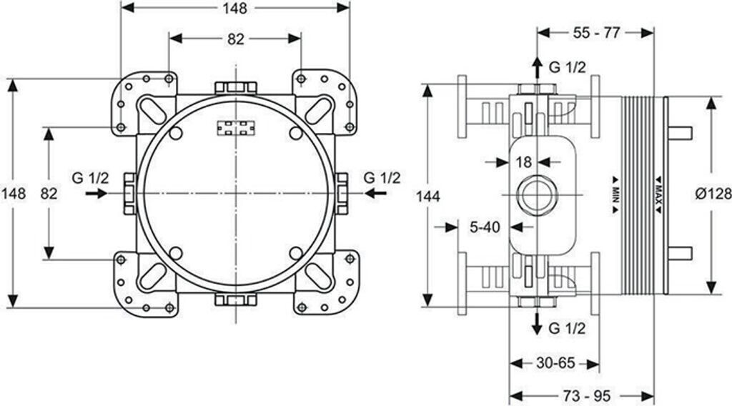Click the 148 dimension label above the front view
(234, 8)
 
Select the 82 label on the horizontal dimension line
(235, 39)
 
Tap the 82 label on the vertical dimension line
(49, 193)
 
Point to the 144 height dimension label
(427, 197)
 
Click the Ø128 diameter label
(713, 193)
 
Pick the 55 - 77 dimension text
(596, 33)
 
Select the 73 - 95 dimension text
(586, 396)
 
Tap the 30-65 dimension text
(555, 362)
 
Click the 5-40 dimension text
(485, 227)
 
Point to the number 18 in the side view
(524, 162)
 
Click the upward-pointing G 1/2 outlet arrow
(538, 68)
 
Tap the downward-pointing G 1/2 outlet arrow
(538, 324)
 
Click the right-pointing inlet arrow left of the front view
(97, 193)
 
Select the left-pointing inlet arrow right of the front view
(375, 193)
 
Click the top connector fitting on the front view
(236, 88)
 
